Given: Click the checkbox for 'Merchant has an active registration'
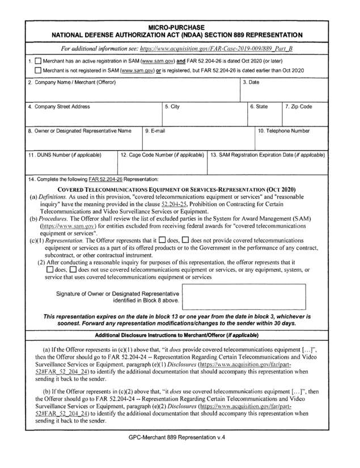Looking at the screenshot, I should (37, 60).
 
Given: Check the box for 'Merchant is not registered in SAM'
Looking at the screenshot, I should (37, 70).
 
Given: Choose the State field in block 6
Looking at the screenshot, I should (263, 117).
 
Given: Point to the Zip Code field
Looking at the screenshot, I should (305, 117).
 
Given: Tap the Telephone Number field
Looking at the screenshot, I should (291, 141).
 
